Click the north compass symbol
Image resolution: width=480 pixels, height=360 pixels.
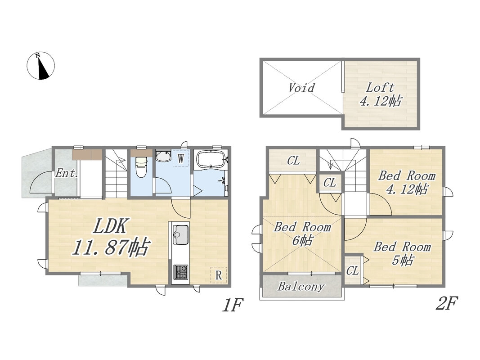coord(41,66)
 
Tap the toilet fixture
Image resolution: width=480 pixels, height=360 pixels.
coord(141,167)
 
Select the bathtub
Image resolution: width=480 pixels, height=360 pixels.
coord(211,159)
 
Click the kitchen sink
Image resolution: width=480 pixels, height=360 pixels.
coord(180,235)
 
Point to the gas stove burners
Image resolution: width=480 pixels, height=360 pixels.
coord(180,272)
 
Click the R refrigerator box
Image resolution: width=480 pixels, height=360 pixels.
coord(219,275)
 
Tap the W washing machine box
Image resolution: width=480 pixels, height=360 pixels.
coord(180,158)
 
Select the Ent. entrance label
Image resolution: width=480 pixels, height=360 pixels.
coord(66,174)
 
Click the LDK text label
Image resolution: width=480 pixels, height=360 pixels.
coord(110,227)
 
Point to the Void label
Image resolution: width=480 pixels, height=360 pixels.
coord(301,88)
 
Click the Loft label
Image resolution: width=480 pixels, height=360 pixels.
coord(380,88)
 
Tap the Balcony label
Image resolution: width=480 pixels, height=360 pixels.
coord(301,287)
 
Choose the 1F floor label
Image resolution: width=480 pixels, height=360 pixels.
coord(233,305)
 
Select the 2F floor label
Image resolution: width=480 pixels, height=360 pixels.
coord(447,303)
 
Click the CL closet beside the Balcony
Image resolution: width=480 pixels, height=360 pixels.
coord(352,270)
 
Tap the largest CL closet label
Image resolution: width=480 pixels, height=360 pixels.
coord(293,160)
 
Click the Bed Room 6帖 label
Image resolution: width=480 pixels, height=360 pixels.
coord(302,234)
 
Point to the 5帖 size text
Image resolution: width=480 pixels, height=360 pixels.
coord(403,260)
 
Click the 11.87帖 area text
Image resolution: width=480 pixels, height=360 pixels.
coord(111,247)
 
